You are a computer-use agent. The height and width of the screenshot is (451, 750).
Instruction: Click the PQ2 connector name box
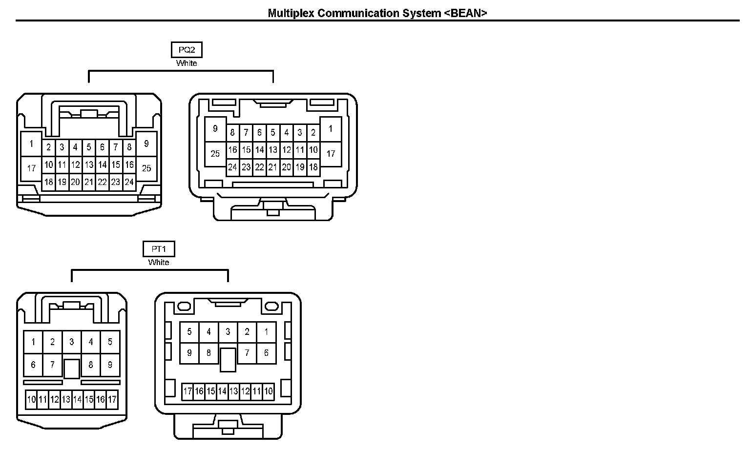tap(187, 50)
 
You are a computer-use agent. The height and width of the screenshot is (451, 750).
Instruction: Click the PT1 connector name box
tap(159, 249)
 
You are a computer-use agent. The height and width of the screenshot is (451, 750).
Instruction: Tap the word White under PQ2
tap(187, 63)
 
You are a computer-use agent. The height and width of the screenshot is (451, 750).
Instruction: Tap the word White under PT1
tap(159, 262)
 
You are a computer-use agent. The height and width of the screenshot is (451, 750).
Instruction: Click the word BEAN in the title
tap(465, 13)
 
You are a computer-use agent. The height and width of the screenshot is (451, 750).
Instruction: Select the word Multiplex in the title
tap(291, 13)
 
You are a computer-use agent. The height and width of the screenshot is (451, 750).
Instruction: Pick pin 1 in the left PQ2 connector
tap(31, 144)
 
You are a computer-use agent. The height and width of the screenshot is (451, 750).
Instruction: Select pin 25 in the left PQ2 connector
tap(146, 168)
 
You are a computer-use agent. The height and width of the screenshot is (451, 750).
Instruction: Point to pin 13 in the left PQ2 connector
tap(88, 165)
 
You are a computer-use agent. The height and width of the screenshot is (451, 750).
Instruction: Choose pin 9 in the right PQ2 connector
tap(215, 129)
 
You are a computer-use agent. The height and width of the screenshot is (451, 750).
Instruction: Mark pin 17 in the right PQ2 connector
tap(331, 154)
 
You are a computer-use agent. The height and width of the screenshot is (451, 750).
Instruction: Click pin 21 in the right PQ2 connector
tap(272, 167)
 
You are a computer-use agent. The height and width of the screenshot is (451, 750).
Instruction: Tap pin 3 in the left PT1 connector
tap(72, 342)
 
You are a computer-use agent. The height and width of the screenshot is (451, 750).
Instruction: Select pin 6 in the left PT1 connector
tap(33, 365)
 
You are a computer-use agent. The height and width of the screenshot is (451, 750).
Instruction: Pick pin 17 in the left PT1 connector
tap(112, 400)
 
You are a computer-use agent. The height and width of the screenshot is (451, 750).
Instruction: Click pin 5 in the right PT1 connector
tap(189, 332)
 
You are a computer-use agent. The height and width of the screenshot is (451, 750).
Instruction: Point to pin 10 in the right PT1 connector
tap(268, 391)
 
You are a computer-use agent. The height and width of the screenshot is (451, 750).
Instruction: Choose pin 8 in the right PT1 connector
tap(208, 352)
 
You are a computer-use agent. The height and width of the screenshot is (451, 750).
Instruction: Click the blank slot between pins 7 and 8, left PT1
tap(72, 369)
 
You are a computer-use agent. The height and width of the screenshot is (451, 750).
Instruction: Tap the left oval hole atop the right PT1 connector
tap(184, 307)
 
